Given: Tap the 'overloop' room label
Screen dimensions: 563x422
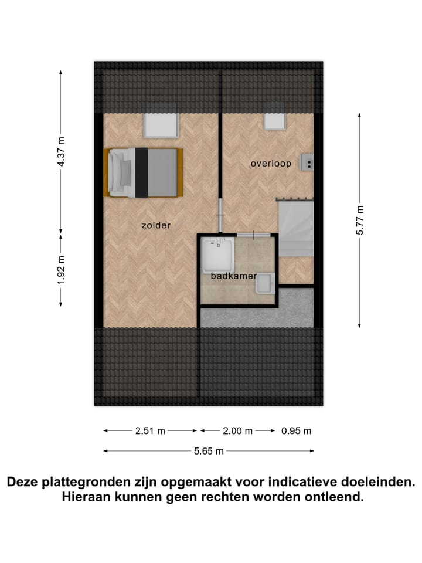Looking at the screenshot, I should coord(271,164).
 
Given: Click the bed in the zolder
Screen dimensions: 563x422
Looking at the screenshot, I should coord(144,172).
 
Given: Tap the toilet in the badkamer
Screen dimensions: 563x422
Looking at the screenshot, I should coord(264,283).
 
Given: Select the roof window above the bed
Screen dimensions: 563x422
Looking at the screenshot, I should coord(161,125).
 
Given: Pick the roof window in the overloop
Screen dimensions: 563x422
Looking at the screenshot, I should coord(274,121).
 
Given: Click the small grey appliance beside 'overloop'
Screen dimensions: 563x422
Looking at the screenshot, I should coord(307,162).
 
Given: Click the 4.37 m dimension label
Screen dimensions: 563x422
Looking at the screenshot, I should coord(61,152).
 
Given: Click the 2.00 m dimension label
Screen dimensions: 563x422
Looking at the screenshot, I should coord(237,430).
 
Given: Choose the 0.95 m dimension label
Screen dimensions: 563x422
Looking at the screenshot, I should coord(297,430).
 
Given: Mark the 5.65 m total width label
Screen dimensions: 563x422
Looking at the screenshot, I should coord(209,451).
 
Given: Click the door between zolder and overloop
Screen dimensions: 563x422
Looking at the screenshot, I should coord(220,215).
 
